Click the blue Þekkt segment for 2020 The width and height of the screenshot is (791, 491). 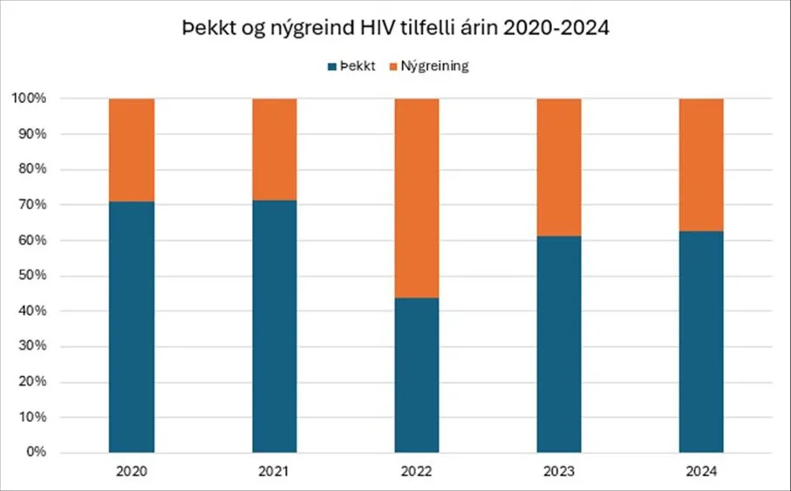[x=132, y=327]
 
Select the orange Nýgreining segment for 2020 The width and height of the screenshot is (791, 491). [x=132, y=150]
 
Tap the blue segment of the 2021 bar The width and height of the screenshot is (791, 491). [x=275, y=326]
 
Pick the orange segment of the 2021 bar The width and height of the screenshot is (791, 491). [x=275, y=149]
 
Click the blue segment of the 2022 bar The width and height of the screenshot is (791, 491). [x=417, y=375]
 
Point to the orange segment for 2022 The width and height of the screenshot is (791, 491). [x=417, y=198]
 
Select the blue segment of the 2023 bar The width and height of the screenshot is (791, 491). [x=559, y=344]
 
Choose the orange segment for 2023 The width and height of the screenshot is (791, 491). [x=559, y=167]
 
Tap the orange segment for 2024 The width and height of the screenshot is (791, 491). [x=701, y=165]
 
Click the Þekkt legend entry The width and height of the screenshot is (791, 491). [x=353, y=66]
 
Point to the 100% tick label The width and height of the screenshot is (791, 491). [x=31, y=99]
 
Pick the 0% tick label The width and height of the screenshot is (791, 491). [x=38, y=453]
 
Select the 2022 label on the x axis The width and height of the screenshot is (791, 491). [x=417, y=472]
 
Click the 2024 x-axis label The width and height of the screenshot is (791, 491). [x=701, y=472]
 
